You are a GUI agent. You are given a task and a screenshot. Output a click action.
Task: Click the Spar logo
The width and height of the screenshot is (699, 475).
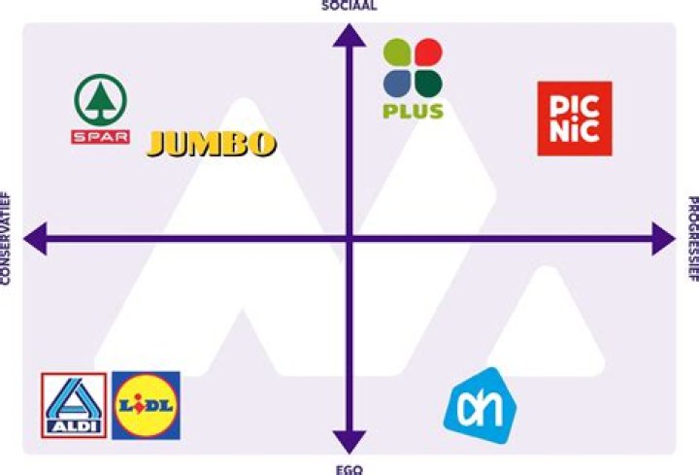101,109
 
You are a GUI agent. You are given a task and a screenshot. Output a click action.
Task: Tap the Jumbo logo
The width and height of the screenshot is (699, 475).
212,144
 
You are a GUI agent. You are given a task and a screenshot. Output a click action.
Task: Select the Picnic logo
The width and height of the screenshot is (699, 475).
575,119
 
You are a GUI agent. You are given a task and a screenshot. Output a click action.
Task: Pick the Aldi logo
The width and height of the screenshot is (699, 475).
74,405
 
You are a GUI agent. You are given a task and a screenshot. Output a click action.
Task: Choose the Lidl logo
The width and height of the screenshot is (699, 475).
147,405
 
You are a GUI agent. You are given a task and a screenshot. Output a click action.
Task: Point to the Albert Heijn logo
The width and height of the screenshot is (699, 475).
481,406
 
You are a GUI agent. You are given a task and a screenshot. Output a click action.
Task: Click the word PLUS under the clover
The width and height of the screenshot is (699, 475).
414,111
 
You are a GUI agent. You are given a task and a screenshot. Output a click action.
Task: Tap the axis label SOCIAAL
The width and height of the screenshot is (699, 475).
349,6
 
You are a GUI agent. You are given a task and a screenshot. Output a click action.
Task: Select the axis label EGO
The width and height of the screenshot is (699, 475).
349,469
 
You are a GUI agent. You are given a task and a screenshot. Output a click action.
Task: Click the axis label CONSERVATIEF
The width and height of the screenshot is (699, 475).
5,238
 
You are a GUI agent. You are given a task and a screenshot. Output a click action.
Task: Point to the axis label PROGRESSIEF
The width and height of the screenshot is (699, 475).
693,239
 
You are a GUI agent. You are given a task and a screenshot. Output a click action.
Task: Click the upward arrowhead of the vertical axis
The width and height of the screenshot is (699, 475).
349,36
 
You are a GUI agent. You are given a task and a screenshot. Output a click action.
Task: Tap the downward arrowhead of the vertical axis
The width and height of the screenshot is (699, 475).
349,442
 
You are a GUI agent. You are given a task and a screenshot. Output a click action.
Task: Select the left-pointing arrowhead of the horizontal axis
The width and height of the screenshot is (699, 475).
35,239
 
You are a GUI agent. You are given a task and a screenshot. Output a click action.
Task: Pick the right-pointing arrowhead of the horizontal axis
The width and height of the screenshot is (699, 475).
663,239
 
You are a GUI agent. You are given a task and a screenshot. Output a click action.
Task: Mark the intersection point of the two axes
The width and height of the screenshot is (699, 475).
349,239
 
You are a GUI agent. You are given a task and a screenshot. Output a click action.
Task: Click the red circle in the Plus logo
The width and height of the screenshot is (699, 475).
428,52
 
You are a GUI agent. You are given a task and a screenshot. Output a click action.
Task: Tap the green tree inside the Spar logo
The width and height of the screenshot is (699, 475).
101,102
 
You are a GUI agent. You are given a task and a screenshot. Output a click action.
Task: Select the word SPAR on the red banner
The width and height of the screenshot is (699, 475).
101,137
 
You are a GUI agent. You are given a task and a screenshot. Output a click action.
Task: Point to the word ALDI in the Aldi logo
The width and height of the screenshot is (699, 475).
74,426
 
